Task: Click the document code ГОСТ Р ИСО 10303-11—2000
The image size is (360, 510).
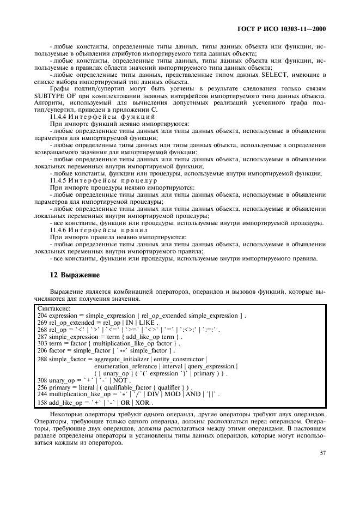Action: (285, 29)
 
